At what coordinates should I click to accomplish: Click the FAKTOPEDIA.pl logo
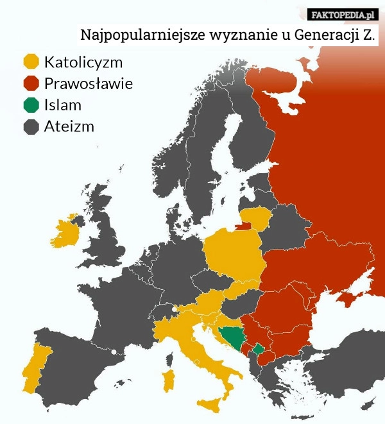(343, 14)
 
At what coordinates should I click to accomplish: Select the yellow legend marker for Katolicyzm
(31, 62)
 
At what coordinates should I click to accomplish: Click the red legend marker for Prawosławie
(31, 83)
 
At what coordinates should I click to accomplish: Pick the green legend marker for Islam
(31, 105)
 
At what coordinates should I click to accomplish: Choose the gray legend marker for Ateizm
(31, 126)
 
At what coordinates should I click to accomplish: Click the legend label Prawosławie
(89, 83)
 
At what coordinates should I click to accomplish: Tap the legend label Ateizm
(69, 126)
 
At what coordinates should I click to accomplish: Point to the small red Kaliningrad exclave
(243, 225)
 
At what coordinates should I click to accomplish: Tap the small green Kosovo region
(258, 349)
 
